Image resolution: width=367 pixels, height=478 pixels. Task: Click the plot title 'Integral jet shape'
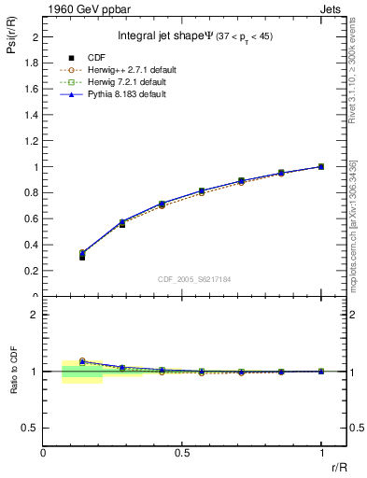pyautogui.click(x=166, y=36)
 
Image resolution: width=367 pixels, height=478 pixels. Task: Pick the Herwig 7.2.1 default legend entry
pyautogui.click(x=126, y=82)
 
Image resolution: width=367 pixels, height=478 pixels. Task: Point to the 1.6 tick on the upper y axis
pyautogui.click(x=33, y=89)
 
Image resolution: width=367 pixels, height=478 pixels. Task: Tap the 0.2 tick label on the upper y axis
pyautogui.click(x=33, y=271)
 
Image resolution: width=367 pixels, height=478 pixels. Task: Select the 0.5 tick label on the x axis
pyautogui.click(x=182, y=452)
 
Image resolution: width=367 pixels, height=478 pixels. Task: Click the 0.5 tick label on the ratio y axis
pyautogui.click(x=31, y=428)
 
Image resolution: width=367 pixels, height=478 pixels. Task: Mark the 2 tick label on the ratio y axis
pyautogui.click(x=35, y=316)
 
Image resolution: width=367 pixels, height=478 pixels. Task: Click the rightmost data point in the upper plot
pyautogui.click(x=321, y=166)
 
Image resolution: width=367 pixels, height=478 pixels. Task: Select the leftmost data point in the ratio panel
pyautogui.click(x=82, y=360)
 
